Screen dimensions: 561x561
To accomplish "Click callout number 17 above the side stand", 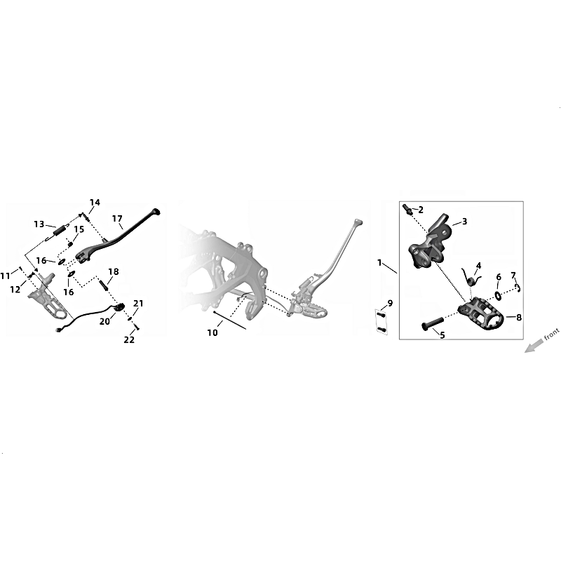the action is [x=117, y=218].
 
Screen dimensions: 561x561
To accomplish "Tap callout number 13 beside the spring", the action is [x=39, y=224].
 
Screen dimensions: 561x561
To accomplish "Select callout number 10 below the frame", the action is [x=212, y=332].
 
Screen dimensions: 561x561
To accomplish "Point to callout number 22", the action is [x=129, y=339].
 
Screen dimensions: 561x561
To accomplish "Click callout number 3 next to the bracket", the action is [x=464, y=222].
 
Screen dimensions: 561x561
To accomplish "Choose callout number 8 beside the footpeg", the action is [x=519, y=317].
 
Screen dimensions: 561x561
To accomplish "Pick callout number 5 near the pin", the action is [x=442, y=335].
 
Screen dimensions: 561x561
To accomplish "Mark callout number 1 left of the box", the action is [x=379, y=263].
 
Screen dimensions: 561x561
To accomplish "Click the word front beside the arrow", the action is [x=551, y=334].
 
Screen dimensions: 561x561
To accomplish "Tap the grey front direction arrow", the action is [x=533, y=346].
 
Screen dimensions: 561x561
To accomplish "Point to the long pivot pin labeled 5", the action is [x=433, y=322].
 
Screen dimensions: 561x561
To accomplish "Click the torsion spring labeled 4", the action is [x=471, y=276].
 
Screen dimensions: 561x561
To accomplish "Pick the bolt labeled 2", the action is [x=407, y=209].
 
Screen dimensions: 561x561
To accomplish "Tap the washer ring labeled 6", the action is [x=498, y=295].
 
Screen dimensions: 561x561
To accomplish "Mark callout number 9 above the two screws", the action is [x=390, y=304].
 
